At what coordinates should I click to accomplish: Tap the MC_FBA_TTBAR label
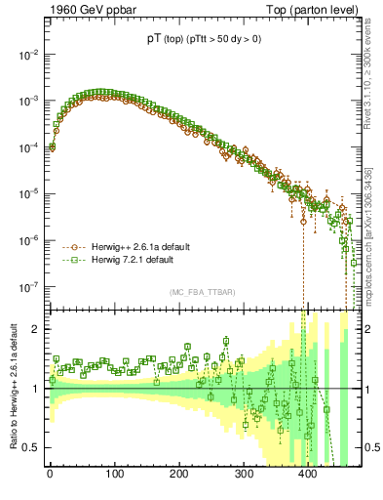tap(200, 293)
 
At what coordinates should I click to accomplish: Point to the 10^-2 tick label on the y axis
tap(26, 55)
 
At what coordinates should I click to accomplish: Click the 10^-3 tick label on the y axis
tap(26, 102)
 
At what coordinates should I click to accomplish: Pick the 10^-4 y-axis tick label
tap(26, 147)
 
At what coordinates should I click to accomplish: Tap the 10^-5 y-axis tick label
tap(26, 194)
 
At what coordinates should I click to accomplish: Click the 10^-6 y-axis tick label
tap(26, 240)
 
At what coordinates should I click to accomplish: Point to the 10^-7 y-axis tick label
tap(26, 287)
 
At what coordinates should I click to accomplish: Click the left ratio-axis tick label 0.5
tap(29, 448)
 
